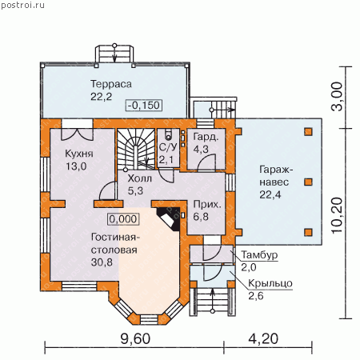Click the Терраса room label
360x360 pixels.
(x=111, y=84)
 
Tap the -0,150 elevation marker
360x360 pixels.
(x=144, y=105)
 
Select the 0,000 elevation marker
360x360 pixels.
(x=123, y=219)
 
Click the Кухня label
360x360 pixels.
(x=79, y=154)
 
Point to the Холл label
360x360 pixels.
(x=139, y=178)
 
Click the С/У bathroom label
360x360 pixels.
(x=168, y=147)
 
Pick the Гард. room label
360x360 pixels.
(x=206, y=137)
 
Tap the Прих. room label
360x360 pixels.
(x=207, y=205)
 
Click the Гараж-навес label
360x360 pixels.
(x=276, y=176)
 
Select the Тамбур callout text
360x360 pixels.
(x=259, y=255)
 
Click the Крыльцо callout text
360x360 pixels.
(x=270, y=283)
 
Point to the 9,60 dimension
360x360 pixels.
(x=135, y=339)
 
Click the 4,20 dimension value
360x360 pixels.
(x=263, y=339)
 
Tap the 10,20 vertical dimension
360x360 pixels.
(x=337, y=215)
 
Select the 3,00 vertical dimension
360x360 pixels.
(x=337, y=96)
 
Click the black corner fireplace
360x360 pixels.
(x=169, y=219)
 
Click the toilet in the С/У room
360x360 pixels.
(x=168, y=134)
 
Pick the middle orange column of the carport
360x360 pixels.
(x=309, y=182)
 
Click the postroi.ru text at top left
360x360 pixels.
(x=22, y=6)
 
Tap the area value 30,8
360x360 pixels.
(x=102, y=262)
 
